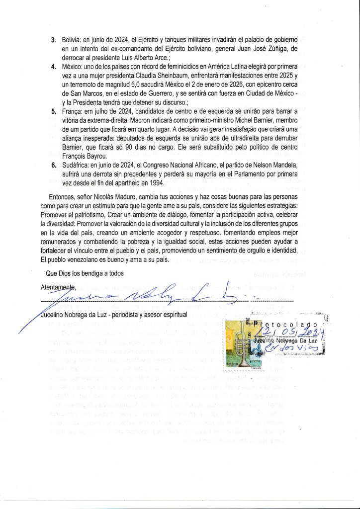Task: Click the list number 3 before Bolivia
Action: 53,40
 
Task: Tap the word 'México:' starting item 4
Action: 72,67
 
